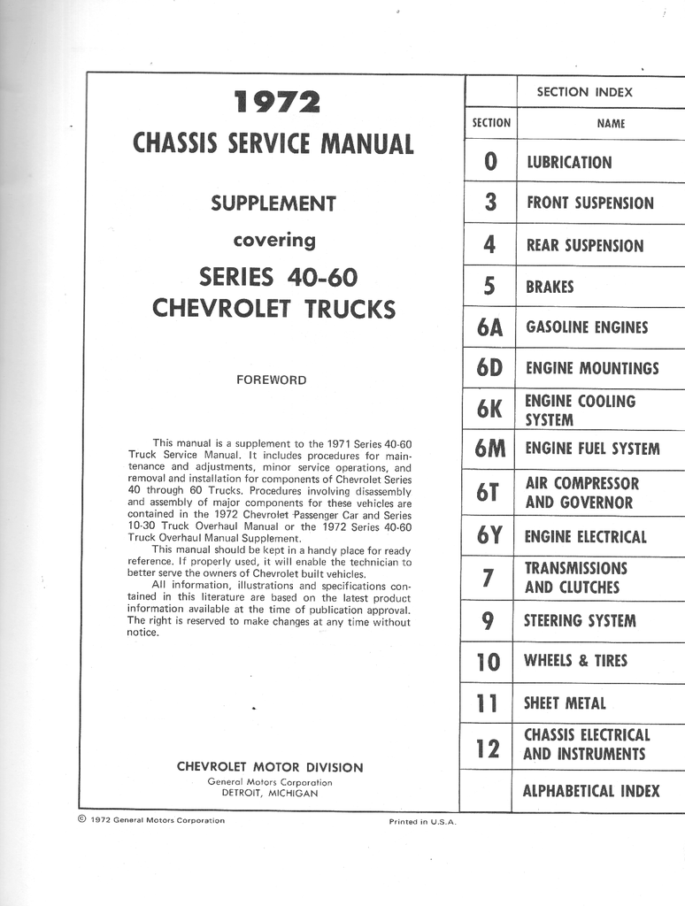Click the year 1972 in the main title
click(x=276, y=104)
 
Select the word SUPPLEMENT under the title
click(x=273, y=203)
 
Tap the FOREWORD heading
click(x=271, y=380)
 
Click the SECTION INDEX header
click(x=584, y=92)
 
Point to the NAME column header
click(x=611, y=124)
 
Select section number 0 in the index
click(x=490, y=162)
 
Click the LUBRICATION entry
click(x=569, y=163)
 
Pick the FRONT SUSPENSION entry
click(x=590, y=203)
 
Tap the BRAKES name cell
click(x=550, y=287)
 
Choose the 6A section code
click(x=489, y=328)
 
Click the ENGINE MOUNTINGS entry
click(x=592, y=368)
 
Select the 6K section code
click(x=489, y=410)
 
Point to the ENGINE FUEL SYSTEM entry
click(x=592, y=449)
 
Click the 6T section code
click(x=488, y=493)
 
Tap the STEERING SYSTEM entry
click(x=580, y=621)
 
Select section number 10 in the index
click(x=488, y=662)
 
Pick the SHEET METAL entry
click(x=565, y=703)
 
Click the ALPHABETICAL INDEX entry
click(x=590, y=791)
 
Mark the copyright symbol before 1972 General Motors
click(x=81, y=819)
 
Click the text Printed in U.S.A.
click(x=422, y=822)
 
